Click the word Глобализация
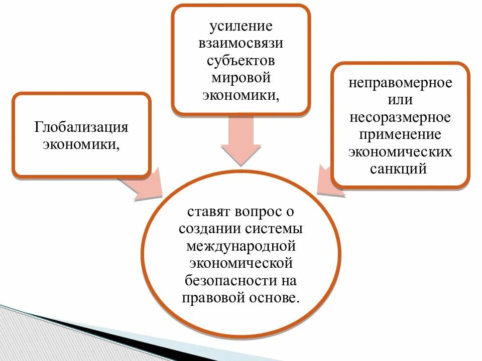(x=81, y=127)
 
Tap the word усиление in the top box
(x=240, y=26)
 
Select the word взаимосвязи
(x=240, y=43)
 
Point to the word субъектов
(x=240, y=61)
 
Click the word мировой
(x=240, y=78)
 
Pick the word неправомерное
(x=400, y=83)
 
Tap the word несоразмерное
(x=400, y=117)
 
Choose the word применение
(x=400, y=135)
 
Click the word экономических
(x=400, y=152)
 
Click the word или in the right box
(x=400, y=100)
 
